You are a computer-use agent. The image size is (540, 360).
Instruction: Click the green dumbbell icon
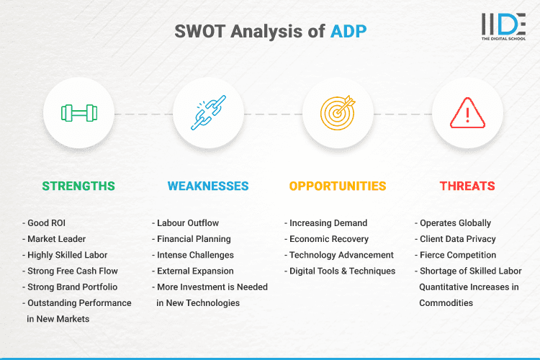tap(78, 114)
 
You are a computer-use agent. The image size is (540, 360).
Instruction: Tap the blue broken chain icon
tap(208, 114)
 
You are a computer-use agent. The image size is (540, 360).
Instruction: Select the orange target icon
tap(338, 114)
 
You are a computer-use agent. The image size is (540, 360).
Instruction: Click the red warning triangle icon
tap(467, 114)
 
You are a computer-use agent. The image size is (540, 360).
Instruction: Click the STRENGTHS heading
tap(78, 186)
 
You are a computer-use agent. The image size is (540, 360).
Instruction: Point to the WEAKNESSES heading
tap(208, 186)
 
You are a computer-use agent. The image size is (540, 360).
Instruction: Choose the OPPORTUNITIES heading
tap(338, 186)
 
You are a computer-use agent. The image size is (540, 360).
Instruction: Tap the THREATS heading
tap(467, 186)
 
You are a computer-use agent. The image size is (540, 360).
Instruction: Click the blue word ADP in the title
tap(348, 32)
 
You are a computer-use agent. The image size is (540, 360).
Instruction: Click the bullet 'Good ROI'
tap(47, 223)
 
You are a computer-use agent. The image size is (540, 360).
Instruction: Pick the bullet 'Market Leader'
tap(57, 239)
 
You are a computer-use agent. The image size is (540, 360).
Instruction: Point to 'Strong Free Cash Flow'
tap(72, 271)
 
